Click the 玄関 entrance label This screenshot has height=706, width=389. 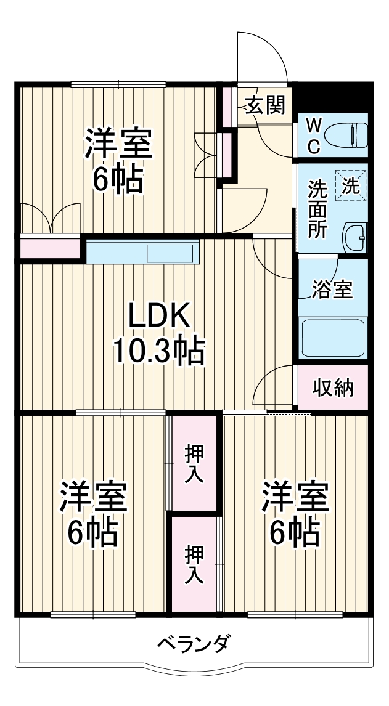point(266,105)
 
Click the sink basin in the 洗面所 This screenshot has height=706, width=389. point(354,236)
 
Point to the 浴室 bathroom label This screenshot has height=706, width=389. point(332,289)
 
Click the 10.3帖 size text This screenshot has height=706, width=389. point(158,351)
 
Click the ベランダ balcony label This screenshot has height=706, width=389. point(194,644)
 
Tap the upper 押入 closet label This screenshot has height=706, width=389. point(194,463)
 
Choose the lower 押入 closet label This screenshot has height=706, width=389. point(194,564)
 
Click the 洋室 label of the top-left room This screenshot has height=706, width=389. point(118,144)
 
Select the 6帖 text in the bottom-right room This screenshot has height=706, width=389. point(295,532)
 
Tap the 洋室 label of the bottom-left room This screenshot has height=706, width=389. point(93,498)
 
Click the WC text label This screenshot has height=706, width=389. point(314,136)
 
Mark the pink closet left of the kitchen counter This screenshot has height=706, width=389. point(51,248)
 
